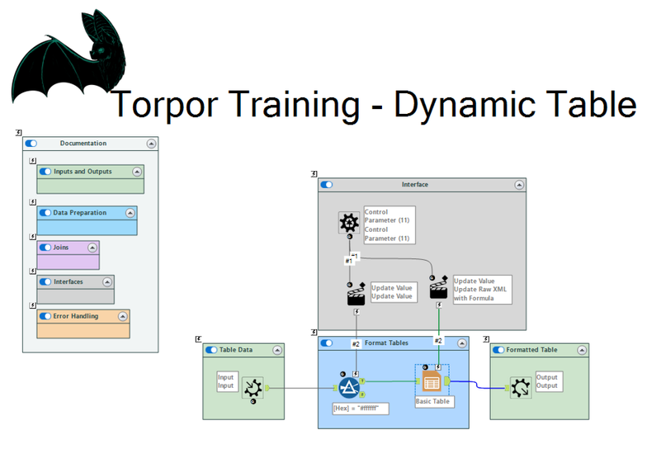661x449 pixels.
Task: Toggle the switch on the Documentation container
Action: [x=31, y=144]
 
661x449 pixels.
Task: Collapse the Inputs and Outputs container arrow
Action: [x=137, y=172]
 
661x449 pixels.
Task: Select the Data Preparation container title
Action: [x=80, y=212]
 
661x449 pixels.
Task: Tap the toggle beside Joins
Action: [x=45, y=248]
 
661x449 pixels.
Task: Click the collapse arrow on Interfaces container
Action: [x=107, y=281]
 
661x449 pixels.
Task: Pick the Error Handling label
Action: [x=75, y=316]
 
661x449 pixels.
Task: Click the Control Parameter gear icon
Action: [x=349, y=222]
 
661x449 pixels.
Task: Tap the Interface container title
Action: [x=415, y=185]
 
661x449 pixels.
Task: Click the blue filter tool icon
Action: [x=349, y=387]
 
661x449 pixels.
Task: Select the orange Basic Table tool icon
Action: [x=432, y=381]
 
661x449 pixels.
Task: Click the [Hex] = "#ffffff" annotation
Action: [x=361, y=408]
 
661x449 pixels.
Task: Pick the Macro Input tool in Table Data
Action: [x=253, y=388]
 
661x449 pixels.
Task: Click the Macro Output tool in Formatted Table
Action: [x=521, y=388]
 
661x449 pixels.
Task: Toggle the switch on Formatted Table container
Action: [x=498, y=350]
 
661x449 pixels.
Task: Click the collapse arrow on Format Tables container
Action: [x=462, y=343]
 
